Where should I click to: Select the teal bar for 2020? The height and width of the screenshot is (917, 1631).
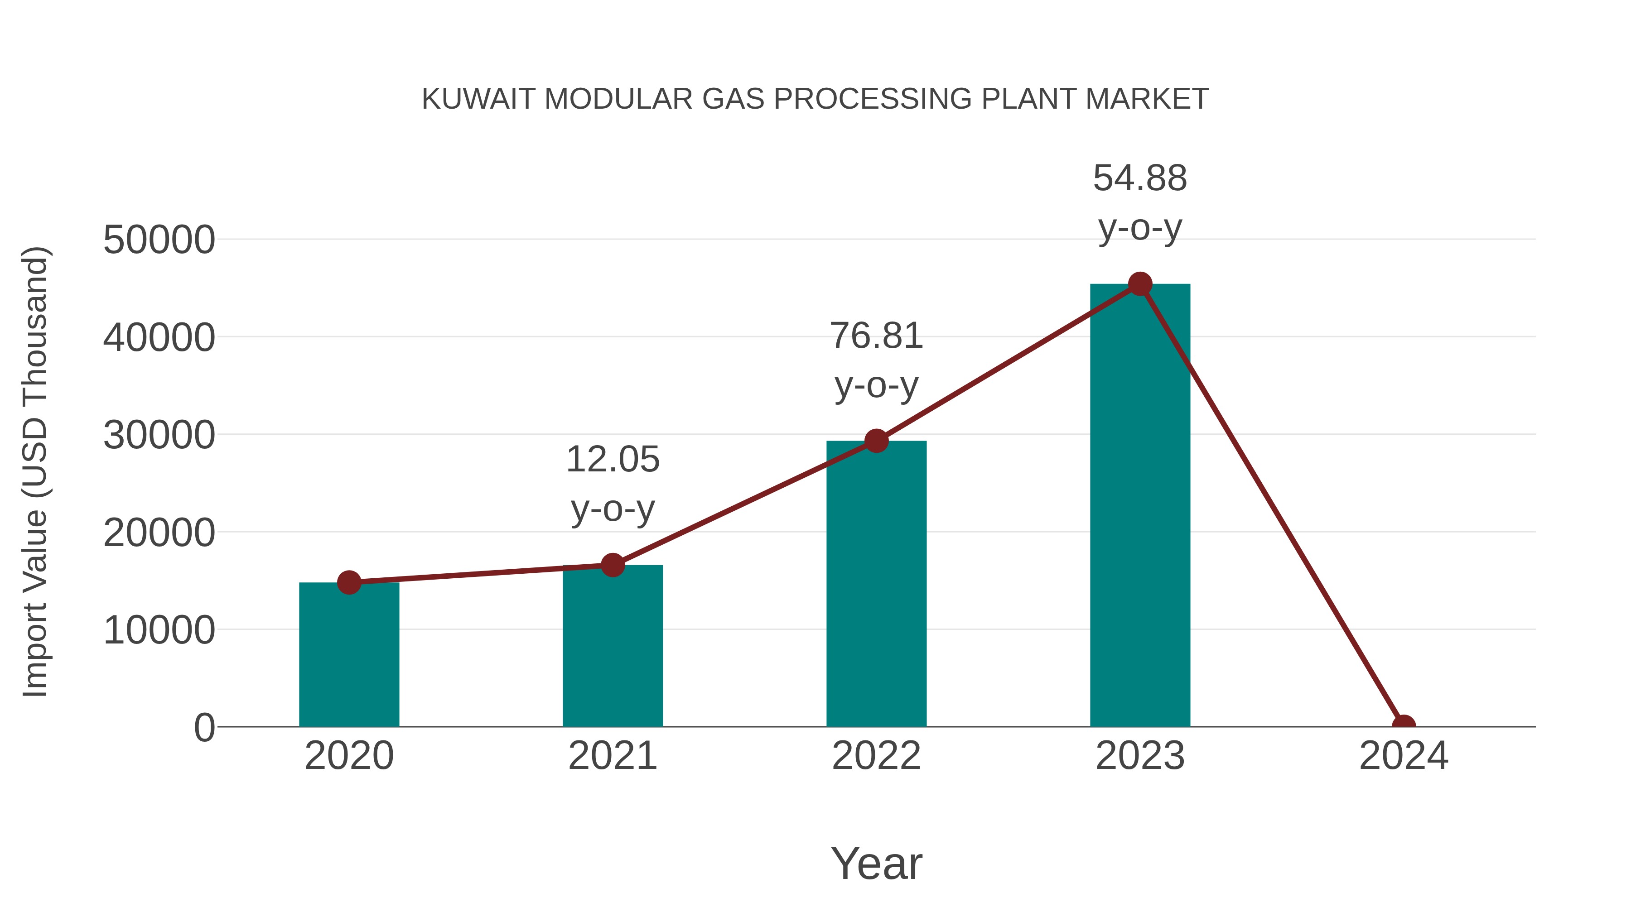(x=349, y=655)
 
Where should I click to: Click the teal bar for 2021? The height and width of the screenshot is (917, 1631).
(x=612, y=646)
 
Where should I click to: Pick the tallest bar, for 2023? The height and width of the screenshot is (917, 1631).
(x=1140, y=506)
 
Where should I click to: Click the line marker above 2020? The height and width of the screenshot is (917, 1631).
(x=349, y=582)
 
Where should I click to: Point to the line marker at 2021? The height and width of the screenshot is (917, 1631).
(x=612, y=565)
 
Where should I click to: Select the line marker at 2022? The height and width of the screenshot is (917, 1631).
(x=876, y=441)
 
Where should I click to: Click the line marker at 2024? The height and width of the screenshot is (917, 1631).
(x=1404, y=725)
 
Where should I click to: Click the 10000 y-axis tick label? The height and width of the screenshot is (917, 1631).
(x=159, y=630)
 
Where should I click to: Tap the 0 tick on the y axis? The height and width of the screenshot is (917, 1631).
(x=204, y=728)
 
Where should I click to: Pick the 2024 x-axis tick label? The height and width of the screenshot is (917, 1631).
(x=1404, y=756)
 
